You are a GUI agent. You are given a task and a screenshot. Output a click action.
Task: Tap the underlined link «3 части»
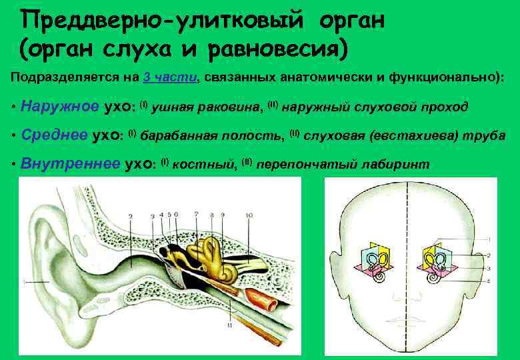pos(170,77)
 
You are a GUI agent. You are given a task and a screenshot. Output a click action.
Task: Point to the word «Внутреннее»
pos(71,163)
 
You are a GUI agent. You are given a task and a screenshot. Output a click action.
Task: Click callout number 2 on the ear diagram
pos(131,216)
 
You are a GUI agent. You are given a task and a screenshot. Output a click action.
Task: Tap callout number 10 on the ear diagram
pos(248,215)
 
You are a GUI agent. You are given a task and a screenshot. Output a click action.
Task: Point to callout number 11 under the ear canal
pos(229,325)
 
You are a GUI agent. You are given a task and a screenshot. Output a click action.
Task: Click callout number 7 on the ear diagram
pos(196,214)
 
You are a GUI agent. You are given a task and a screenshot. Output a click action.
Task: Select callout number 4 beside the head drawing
pos(491,281)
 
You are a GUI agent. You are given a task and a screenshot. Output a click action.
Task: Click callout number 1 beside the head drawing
pos(491,239)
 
